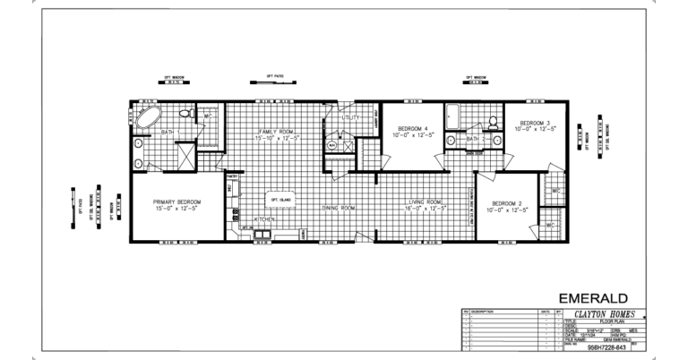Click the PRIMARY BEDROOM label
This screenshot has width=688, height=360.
point(177,203)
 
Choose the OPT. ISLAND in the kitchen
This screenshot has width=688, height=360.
point(281,199)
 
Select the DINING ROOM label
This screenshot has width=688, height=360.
point(339,208)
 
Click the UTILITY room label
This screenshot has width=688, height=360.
point(350,117)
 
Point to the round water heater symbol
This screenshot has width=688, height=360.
point(331,145)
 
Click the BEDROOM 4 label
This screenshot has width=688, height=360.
point(413,129)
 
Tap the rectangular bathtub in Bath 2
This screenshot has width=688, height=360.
point(451,116)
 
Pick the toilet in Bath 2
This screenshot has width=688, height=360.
point(493,121)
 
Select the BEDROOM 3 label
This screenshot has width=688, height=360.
point(535,124)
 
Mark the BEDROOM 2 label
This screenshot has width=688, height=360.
point(507,204)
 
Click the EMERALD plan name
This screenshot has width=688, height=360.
point(593,297)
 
